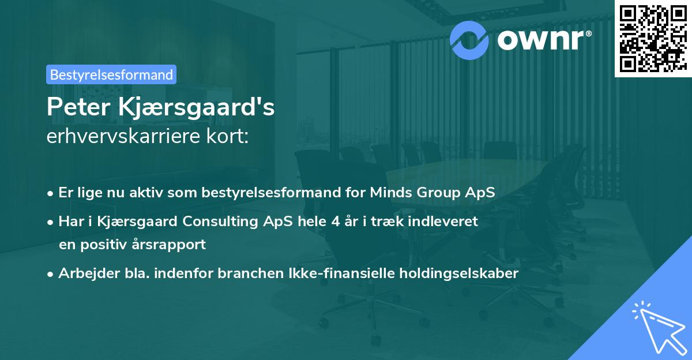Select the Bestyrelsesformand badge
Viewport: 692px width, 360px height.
tap(111, 74)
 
